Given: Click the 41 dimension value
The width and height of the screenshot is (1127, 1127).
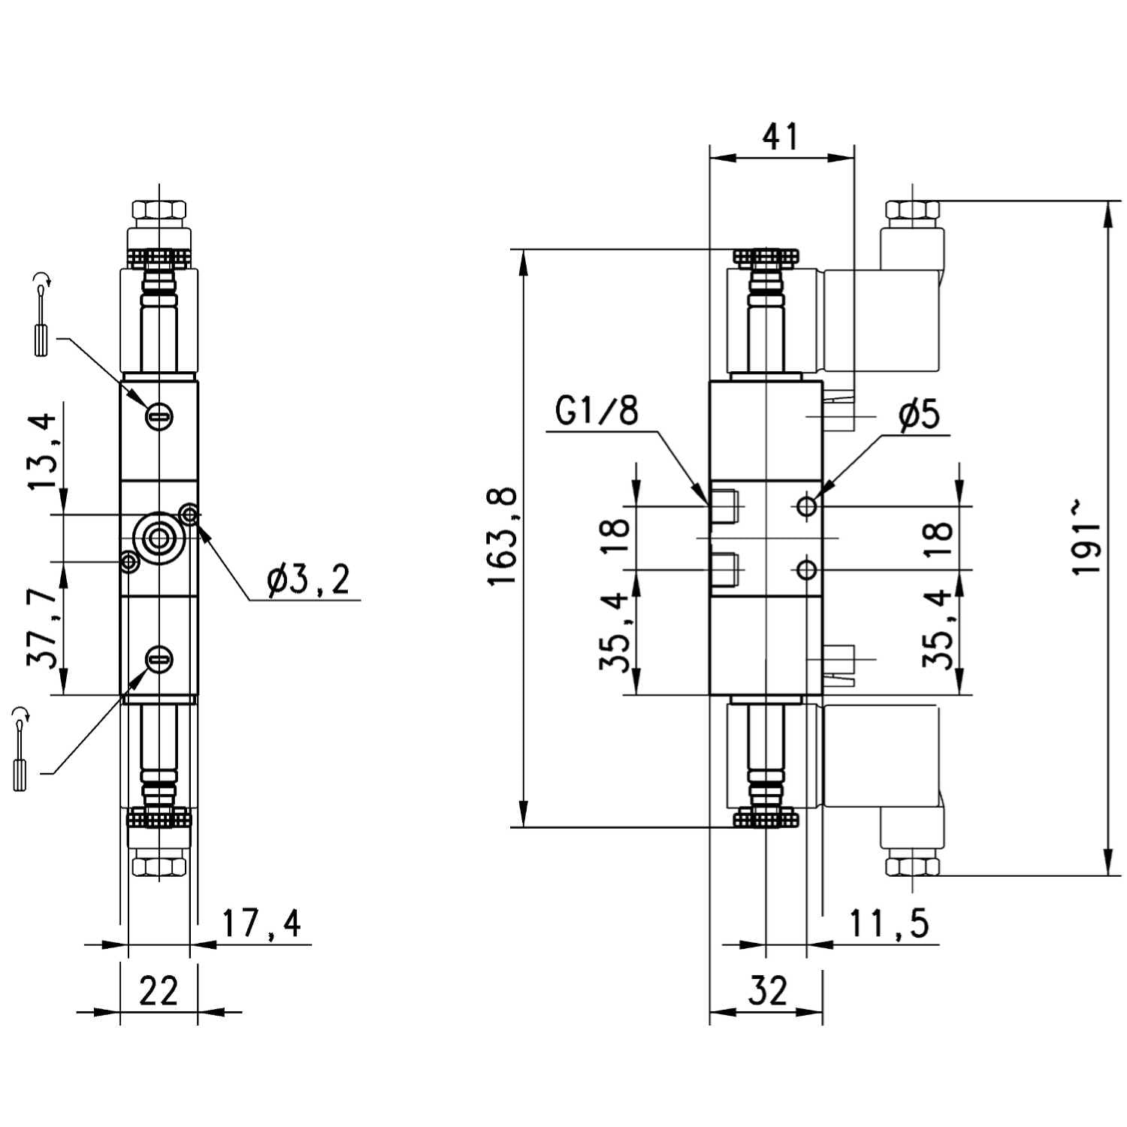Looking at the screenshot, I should (781, 137).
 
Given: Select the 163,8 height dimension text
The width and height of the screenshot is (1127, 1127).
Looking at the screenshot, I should (502, 536).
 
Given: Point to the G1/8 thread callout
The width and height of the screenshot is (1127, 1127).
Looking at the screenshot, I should (597, 411).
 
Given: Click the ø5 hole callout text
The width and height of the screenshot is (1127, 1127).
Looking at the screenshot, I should (919, 414).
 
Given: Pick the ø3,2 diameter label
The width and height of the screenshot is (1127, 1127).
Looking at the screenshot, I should (309, 580).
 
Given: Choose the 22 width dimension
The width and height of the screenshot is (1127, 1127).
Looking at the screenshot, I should (159, 991).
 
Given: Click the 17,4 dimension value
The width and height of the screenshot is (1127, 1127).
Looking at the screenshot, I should (261, 923).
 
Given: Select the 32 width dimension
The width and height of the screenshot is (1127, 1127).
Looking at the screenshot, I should (767, 991).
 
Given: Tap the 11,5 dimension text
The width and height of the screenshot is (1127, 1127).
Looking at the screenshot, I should (889, 923).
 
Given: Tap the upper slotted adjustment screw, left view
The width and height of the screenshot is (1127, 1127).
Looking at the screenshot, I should (159, 415).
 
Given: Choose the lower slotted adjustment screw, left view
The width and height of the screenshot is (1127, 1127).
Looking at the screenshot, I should (159, 660).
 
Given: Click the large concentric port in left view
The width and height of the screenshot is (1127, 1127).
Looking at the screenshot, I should (159, 537).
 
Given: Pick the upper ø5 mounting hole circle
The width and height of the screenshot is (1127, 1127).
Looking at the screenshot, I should (807, 506).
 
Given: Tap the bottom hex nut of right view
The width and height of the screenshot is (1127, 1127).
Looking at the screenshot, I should (912, 866).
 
